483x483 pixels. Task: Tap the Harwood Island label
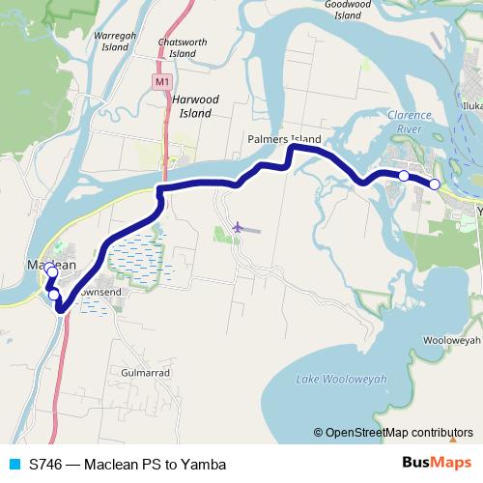[x=192, y=106]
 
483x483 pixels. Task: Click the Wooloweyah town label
[x=451, y=341]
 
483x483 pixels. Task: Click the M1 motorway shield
[x=161, y=83]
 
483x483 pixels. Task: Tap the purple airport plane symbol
[x=238, y=227]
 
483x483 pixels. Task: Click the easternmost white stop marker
[x=435, y=184]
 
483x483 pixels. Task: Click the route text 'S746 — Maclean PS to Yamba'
[x=120, y=464]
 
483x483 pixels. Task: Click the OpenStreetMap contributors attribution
[x=393, y=433]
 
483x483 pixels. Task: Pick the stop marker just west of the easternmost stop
[x=404, y=176]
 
